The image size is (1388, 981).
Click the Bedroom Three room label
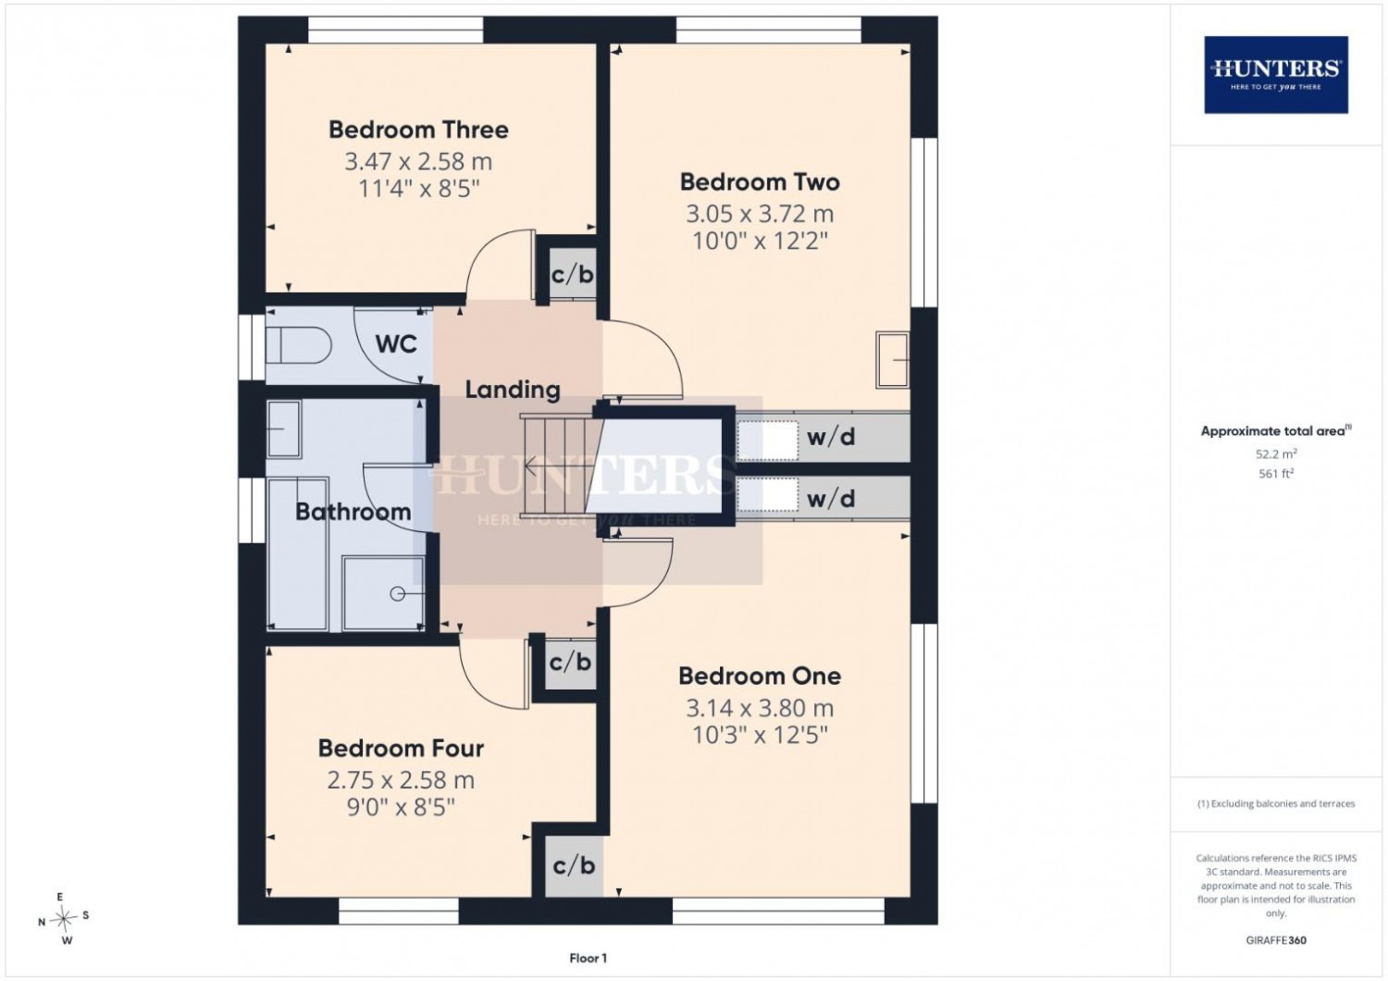pos(418,130)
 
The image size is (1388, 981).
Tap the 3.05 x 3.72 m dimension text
pos(760,215)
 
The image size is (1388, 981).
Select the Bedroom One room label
pos(760,677)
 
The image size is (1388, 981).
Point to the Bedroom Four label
pos(401,749)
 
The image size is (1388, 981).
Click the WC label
pos(396,344)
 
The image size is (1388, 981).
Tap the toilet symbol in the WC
pos(297,346)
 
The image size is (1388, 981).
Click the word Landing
pos(513,391)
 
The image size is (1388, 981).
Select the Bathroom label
pos(353,512)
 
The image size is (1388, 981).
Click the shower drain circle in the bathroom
pos(397,594)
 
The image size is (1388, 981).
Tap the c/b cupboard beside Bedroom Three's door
pos(573,274)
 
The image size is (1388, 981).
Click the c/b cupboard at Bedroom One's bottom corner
pos(574,865)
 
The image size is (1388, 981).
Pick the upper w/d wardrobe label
pos(831,437)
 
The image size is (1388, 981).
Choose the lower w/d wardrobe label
pos(831,498)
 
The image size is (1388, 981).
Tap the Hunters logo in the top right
pos(1276,75)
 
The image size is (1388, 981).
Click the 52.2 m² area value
pos(1276,453)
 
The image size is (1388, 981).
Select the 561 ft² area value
pos(1276,474)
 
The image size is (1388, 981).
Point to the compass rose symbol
pos(63,918)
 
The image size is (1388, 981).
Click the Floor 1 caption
pos(588,958)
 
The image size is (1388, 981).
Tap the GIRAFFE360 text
pos(1276,940)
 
